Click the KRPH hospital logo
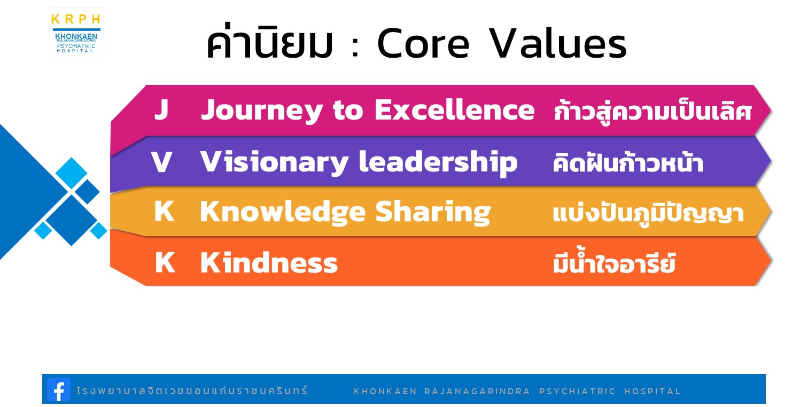(x=77, y=35)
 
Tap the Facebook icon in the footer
(x=59, y=390)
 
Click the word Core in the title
(x=423, y=44)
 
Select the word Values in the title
(x=558, y=43)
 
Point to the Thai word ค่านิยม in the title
(x=269, y=41)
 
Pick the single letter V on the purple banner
(x=161, y=161)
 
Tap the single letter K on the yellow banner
(x=165, y=211)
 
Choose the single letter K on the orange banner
(x=165, y=262)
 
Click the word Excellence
(x=454, y=109)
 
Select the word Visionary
(x=274, y=163)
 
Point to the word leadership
(x=438, y=163)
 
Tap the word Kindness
(x=269, y=262)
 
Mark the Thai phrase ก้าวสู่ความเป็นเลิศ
(x=653, y=112)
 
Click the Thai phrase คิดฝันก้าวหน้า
(x=628, y=162)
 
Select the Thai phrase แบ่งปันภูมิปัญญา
(x=648, y=214)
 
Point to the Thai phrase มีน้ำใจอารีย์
(x=614, y=262)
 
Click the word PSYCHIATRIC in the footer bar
(x=577, y=391)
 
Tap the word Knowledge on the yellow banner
(x=283, y=213)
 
